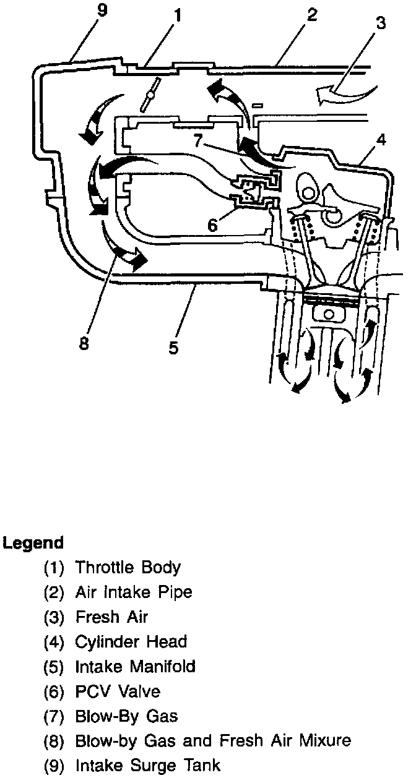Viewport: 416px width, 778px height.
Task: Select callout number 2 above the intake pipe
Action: (312, 15)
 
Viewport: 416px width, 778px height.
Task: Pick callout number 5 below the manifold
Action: (173, 348)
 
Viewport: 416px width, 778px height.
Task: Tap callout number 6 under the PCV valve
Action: (212, 225)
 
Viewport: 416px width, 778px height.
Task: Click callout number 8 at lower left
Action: (84, 343)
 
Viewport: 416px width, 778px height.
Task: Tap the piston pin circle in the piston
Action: (327, 313)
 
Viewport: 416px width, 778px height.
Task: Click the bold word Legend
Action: (33, 543)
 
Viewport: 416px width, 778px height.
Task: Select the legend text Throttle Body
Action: (128, 567)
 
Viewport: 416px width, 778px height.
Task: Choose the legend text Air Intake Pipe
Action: (133, 592)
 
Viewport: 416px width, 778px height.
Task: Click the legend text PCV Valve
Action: (117, 691)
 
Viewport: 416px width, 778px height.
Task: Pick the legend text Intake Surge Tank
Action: (147, 765)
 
